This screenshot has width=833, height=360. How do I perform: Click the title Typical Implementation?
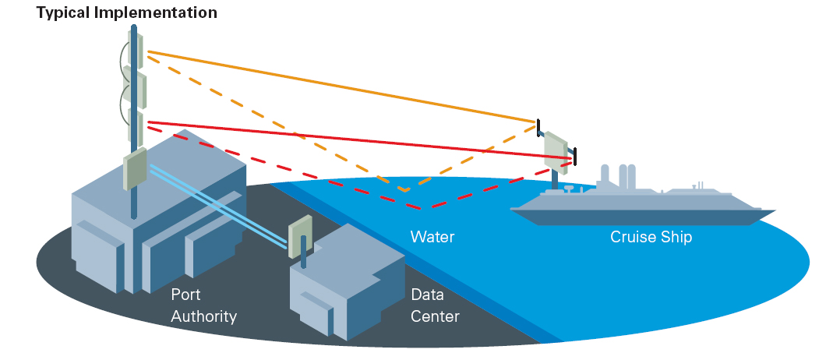pos(126,12)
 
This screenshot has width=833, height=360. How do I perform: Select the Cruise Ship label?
pos(651,236)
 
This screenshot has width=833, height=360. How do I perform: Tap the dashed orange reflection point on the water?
pos(404,189)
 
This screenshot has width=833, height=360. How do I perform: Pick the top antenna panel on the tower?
pos(134,48)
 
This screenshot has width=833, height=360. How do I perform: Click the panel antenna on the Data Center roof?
pos(300,235)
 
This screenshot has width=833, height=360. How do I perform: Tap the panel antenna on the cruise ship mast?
pos(555,151)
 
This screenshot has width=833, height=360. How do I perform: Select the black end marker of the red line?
pos(575,156)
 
